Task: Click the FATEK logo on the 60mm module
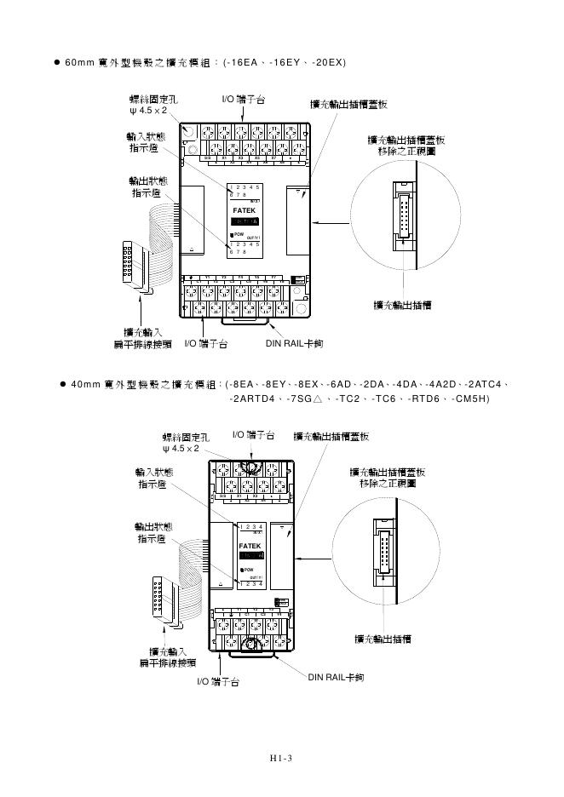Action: [244, 209]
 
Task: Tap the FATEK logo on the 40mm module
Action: [250, 544]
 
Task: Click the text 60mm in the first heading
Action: [80, 63]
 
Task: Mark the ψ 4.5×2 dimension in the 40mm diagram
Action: [181, 448]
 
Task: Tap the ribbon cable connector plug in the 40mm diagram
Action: [159, 596]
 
